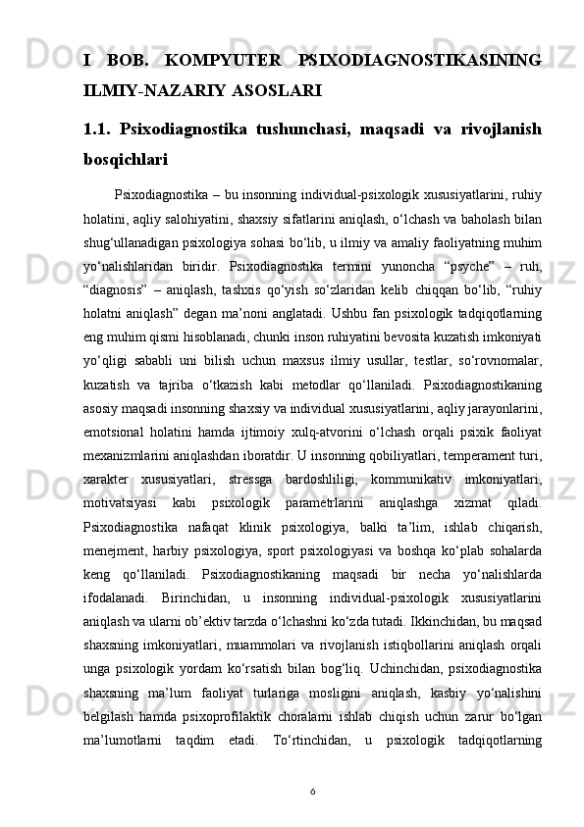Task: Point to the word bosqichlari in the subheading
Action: (x=126, y=157)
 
